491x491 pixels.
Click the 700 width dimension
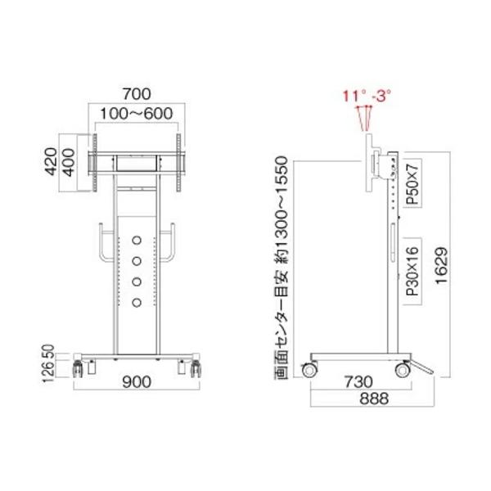click(137, 94)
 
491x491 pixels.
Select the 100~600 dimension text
click(136, 114)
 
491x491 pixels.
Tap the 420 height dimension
click(51, 161)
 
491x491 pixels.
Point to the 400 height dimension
click(69, 162)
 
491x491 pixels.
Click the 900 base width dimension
click(137, 382)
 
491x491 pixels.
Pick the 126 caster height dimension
click(48, 372)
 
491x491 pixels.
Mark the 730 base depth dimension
click(358, 381)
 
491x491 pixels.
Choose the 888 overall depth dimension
click(374, 399)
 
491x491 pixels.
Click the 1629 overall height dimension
click(442, 265)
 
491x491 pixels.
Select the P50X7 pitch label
click(413, 183)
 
